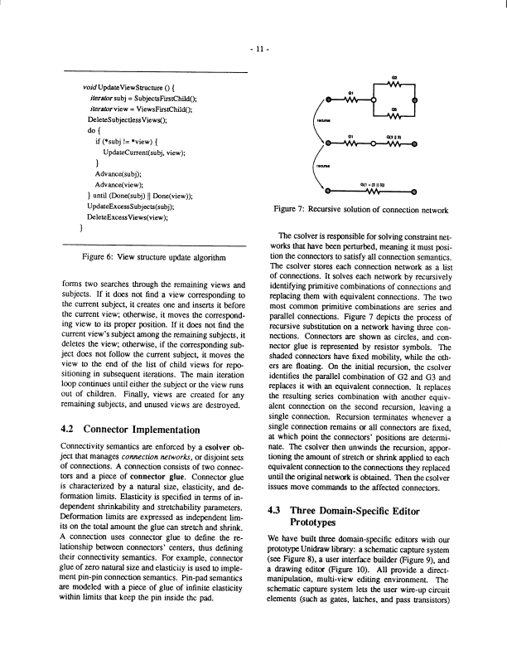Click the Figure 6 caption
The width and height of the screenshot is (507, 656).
point(153,258)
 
